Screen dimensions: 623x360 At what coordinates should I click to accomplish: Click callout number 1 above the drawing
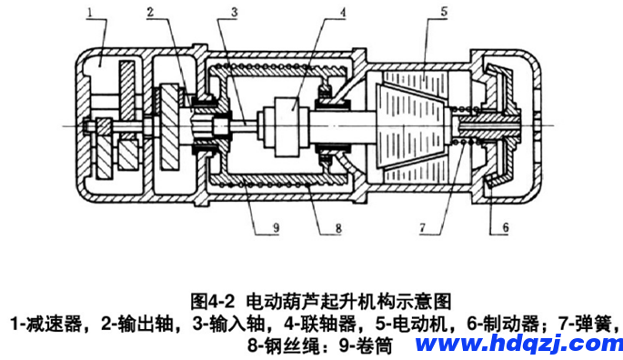tap(90, 12)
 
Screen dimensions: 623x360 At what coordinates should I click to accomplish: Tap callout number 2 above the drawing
tap(150, 12)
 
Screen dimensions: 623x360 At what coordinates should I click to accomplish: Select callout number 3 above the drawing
tap(235, 12)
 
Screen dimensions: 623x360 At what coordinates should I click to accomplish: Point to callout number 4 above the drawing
tap(343, 12)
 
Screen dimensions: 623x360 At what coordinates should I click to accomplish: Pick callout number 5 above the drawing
tap(444, 11)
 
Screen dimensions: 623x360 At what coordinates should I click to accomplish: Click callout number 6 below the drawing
tap(506, 227)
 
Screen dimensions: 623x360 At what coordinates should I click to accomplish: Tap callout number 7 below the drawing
tap(422, 227)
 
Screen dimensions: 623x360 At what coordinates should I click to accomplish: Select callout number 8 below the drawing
tap(338, 228)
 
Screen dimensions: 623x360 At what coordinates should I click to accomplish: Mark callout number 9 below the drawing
tap(276, 227)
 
